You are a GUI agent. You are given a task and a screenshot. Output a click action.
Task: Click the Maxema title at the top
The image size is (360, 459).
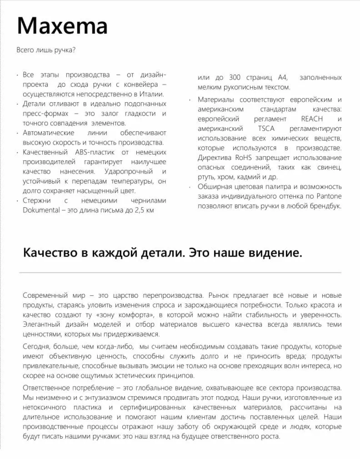point(62,26)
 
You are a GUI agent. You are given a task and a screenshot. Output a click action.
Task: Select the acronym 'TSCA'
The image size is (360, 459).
point(266,128)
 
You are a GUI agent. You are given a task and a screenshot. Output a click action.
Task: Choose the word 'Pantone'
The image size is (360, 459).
point(330,196)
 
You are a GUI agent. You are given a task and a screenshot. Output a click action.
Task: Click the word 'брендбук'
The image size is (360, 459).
point(325,205)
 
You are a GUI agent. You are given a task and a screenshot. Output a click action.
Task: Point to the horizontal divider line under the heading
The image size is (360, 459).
point(180,273)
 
